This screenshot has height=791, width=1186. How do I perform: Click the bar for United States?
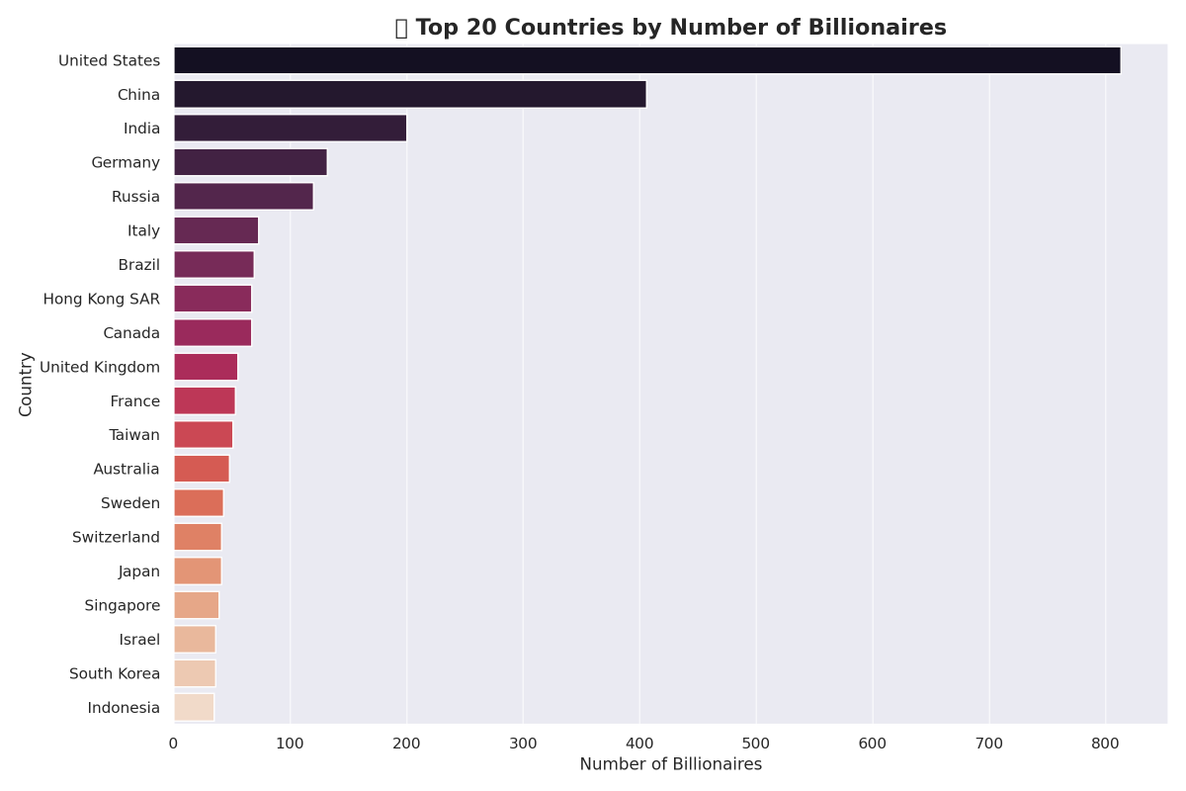647,60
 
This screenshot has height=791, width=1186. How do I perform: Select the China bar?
410,94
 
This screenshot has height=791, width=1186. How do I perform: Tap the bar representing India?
291,129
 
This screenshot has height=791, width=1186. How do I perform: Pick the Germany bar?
251,162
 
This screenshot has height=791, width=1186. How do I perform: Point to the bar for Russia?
244,196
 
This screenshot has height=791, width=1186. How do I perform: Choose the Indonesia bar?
194,707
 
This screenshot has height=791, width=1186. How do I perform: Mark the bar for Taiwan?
204,435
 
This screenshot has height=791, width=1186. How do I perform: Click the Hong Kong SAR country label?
102,299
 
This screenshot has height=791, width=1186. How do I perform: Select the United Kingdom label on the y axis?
100,367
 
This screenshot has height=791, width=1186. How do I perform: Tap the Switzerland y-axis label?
116,537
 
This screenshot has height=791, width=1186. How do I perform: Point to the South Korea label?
115,673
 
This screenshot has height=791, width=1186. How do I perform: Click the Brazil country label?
139,265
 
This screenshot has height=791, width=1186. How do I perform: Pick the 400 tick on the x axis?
639,743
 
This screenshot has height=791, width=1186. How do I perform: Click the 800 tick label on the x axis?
1106,743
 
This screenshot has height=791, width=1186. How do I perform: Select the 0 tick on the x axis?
174,743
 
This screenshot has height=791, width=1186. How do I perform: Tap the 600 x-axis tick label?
873,743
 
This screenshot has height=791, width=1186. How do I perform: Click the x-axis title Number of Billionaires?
671,764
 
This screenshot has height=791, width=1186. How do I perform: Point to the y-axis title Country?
27,384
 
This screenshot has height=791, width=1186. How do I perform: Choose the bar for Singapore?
197,605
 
